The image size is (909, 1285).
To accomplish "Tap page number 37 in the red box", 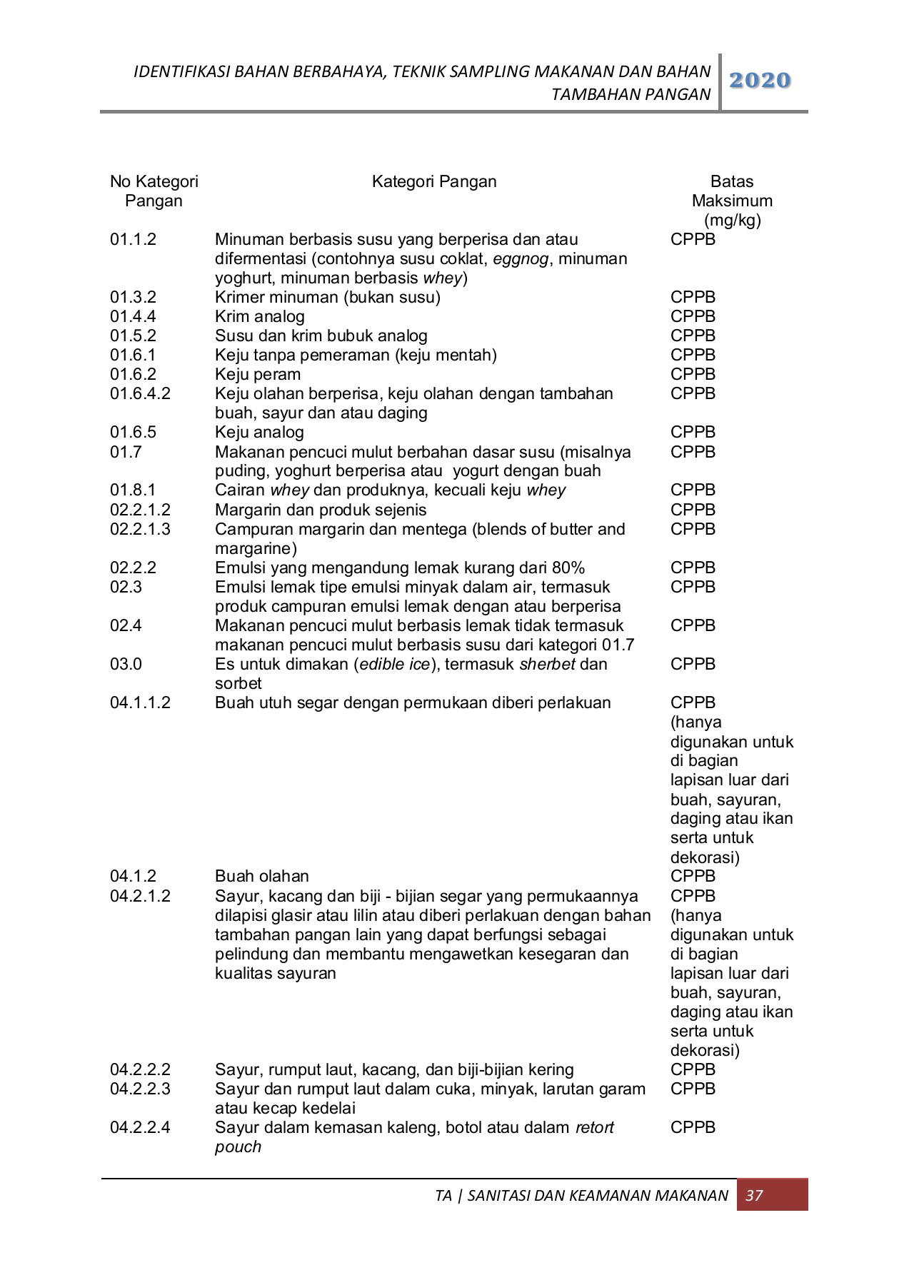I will pyautogui.click(x=754, y=1195).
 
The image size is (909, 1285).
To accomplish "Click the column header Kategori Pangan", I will pyautogui.click(x=433, y=181).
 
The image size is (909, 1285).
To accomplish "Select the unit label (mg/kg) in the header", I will pyautogui.click(x=732, y=220).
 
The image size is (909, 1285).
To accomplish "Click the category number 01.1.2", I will pyautogui.click(x=133, y=239).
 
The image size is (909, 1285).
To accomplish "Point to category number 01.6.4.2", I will pyautogui.click(x=140, y=393).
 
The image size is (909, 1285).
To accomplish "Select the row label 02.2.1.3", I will pyautogui.click(x=140, y=529).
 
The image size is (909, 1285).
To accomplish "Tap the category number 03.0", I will pyautogui.click(x=126, y=664).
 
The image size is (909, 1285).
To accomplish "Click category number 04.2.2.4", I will pyautogui.click(x=140, y=1127).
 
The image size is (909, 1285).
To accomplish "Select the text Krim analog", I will pyautogui.click(x=259, y=316).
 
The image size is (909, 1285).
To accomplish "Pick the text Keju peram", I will pyautogui.click(x=257, y=374).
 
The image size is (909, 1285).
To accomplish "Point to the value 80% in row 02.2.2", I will pyautogui.click(x=568, y=568).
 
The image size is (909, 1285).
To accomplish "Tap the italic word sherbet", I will pyautogui.click(x=546, y=664).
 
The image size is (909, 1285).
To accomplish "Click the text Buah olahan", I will pyautogui.click(x=261, y=876).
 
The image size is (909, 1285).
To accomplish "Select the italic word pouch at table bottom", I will pyautogui.click(x=238, y=1147).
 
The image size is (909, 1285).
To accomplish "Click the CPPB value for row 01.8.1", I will pyautogui.click(x=692, y=490).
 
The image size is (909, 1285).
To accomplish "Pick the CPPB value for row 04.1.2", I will pyautogui.click(x=692, y=876).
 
